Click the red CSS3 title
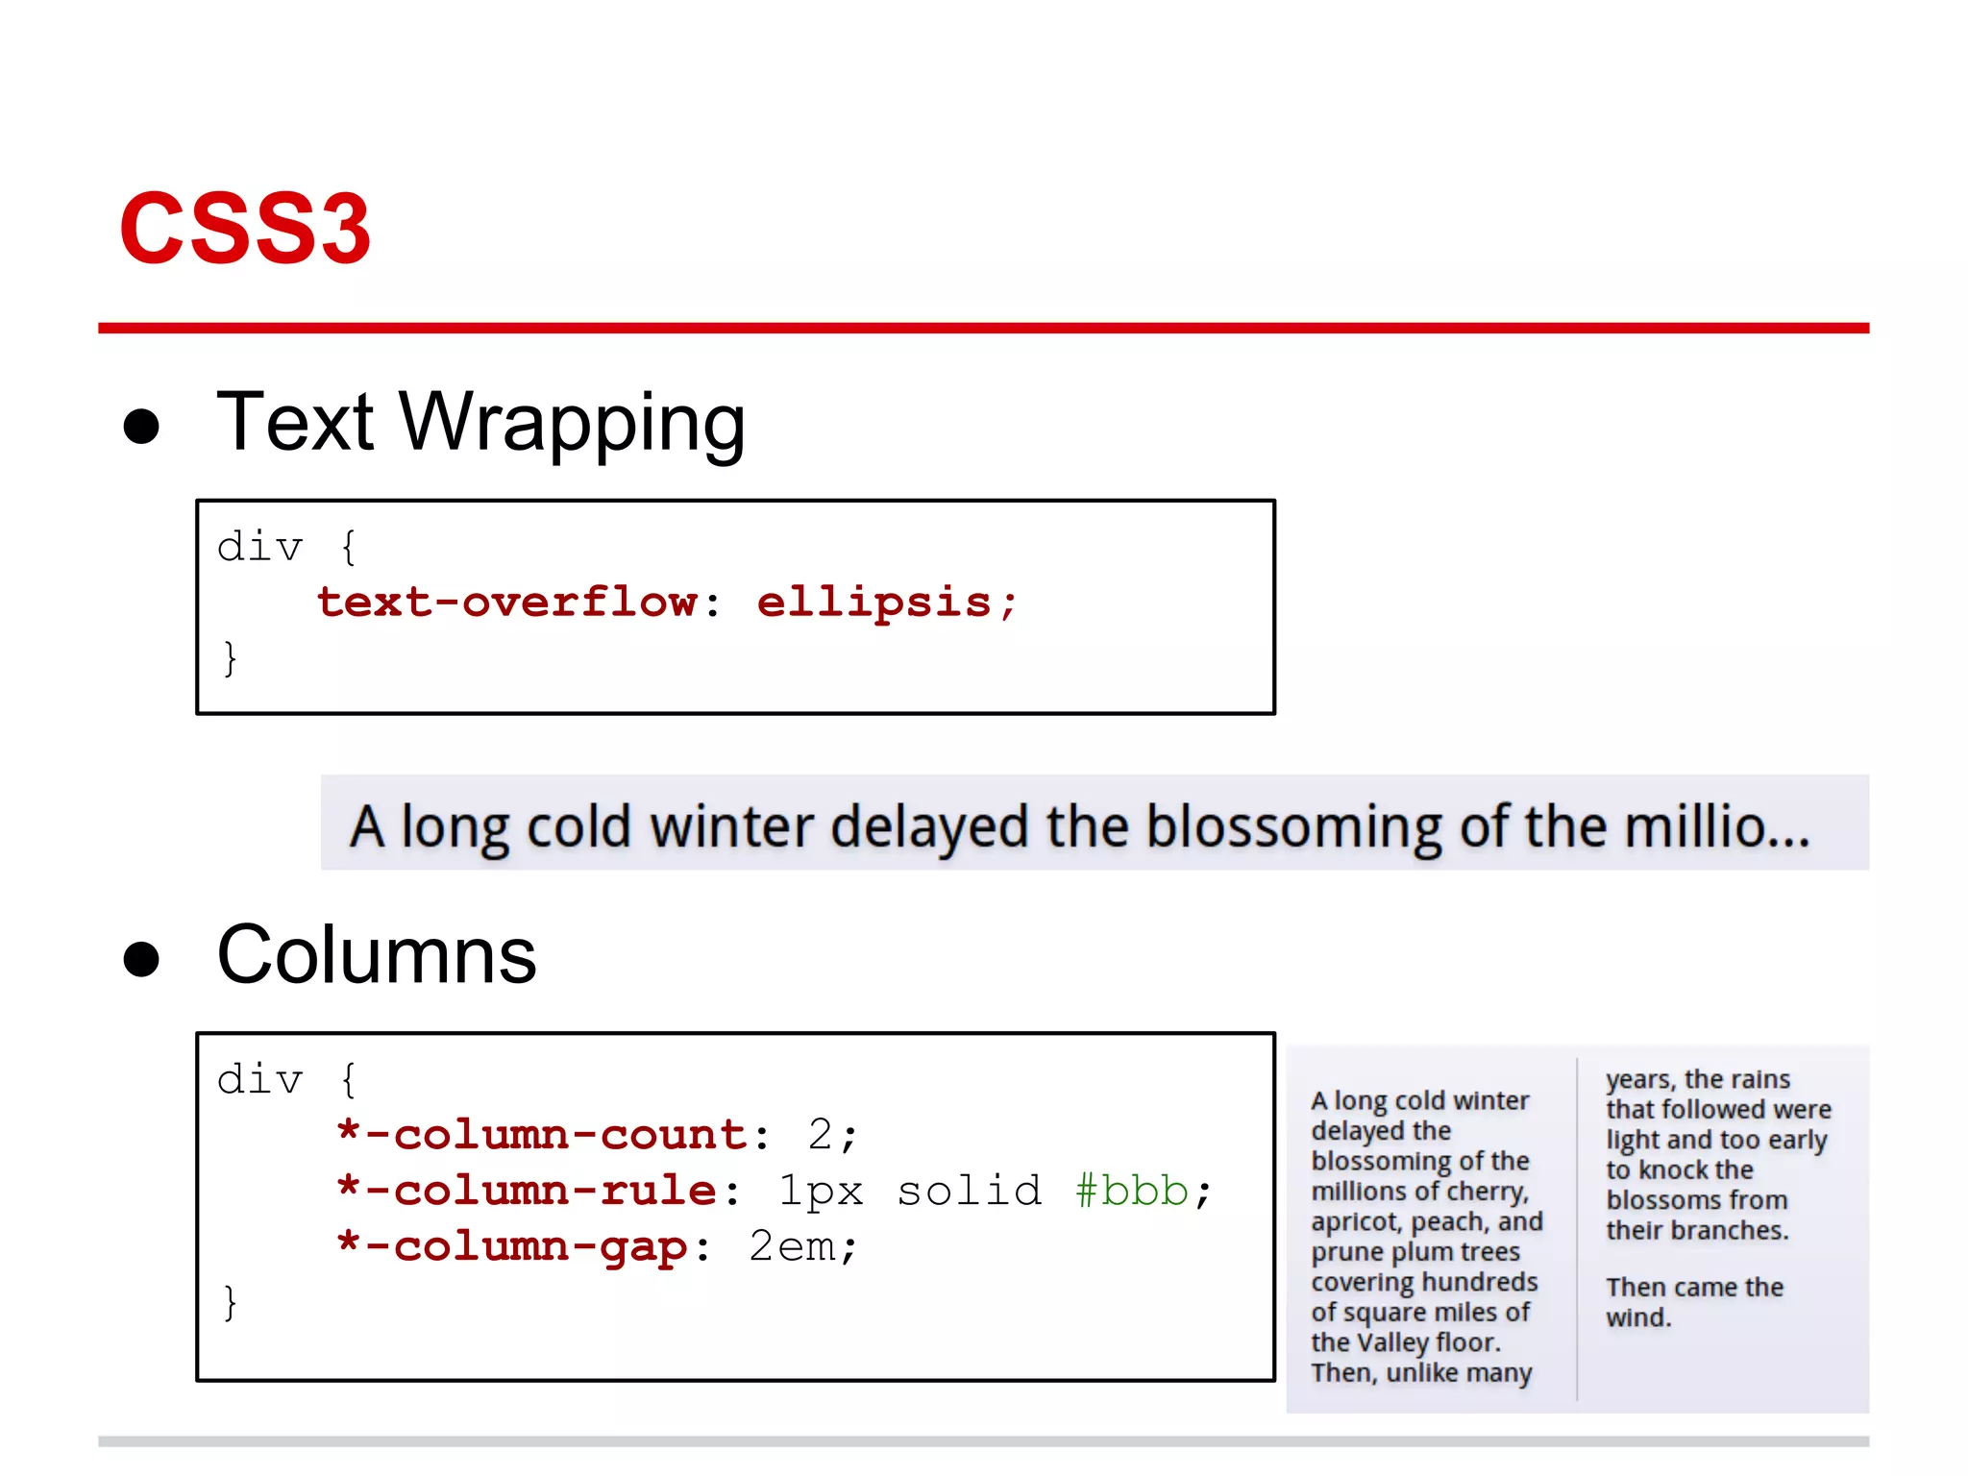[x=245, y=229]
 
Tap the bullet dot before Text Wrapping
[x=141, y=426]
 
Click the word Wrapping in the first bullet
[x=573, y=423]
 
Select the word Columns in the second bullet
[x=376, y=955]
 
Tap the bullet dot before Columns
[x=141, y=958]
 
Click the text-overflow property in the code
[x=507, y=603]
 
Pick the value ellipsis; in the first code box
[x=886, y=603]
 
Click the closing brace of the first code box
[x=230, y=658]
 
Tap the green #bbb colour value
[x=1131, y=1191]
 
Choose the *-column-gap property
[x=512, y=1246]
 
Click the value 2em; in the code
[x=802, y=1246]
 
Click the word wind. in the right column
[x=1638, y=1317]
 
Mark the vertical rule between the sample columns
[x=1577, y=1230]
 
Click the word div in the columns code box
[x=259, y=1080]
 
